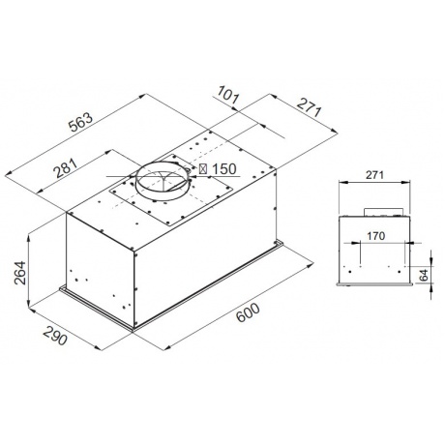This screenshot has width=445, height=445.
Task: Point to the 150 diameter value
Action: pyautogui.click(x=222, y=169)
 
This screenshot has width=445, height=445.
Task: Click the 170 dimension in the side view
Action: pyautogui.click(x=377, y=234)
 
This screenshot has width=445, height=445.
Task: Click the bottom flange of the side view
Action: pyautogui.click(x=377, y=283)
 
